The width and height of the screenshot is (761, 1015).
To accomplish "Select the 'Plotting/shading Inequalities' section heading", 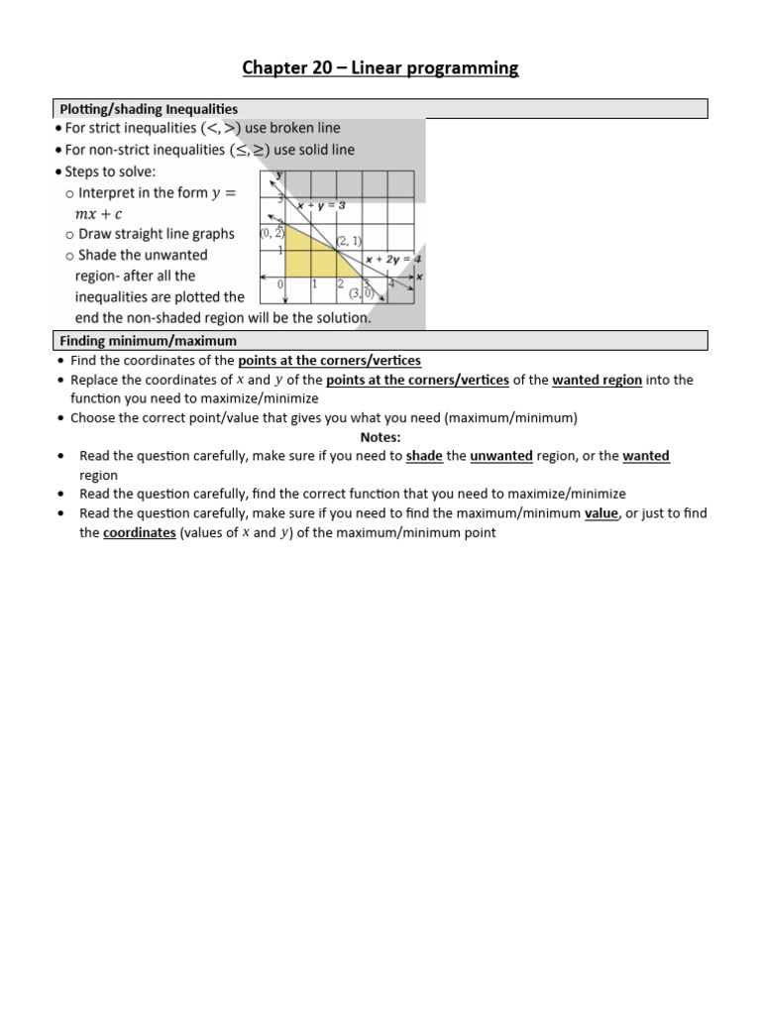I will pyautogui.click(x=149, y=109).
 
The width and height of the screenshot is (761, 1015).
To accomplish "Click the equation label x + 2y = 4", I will pyautogui.click(x=392, y=259).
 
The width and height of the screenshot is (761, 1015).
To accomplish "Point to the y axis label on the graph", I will pyautogui.click(x=280, y=174).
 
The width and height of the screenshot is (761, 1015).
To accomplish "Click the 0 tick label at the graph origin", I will pyautogui.click(x=281, y=284).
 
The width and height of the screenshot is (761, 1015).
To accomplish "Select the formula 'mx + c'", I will pyautogui.click(x=99, y=213).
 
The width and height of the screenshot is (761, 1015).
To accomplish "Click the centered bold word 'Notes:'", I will pyautogui.click(x=380, y=437).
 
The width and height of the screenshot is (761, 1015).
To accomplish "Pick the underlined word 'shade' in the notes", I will pyautogui.click(x=424, y=456).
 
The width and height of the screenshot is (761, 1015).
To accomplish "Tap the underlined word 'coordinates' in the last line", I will pyautogui.click(x=140, y=532).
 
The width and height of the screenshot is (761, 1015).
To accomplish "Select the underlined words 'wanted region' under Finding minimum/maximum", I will pyautogui.click(x=598, y=380).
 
